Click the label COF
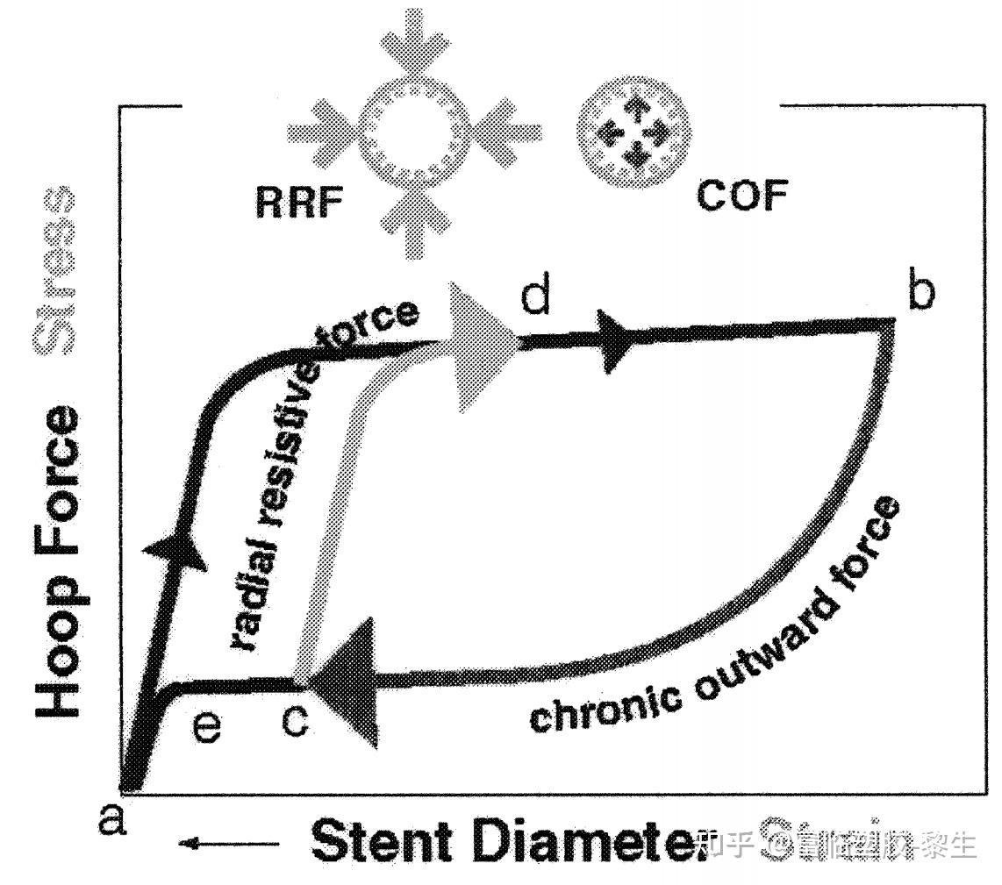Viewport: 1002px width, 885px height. (736, 196)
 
